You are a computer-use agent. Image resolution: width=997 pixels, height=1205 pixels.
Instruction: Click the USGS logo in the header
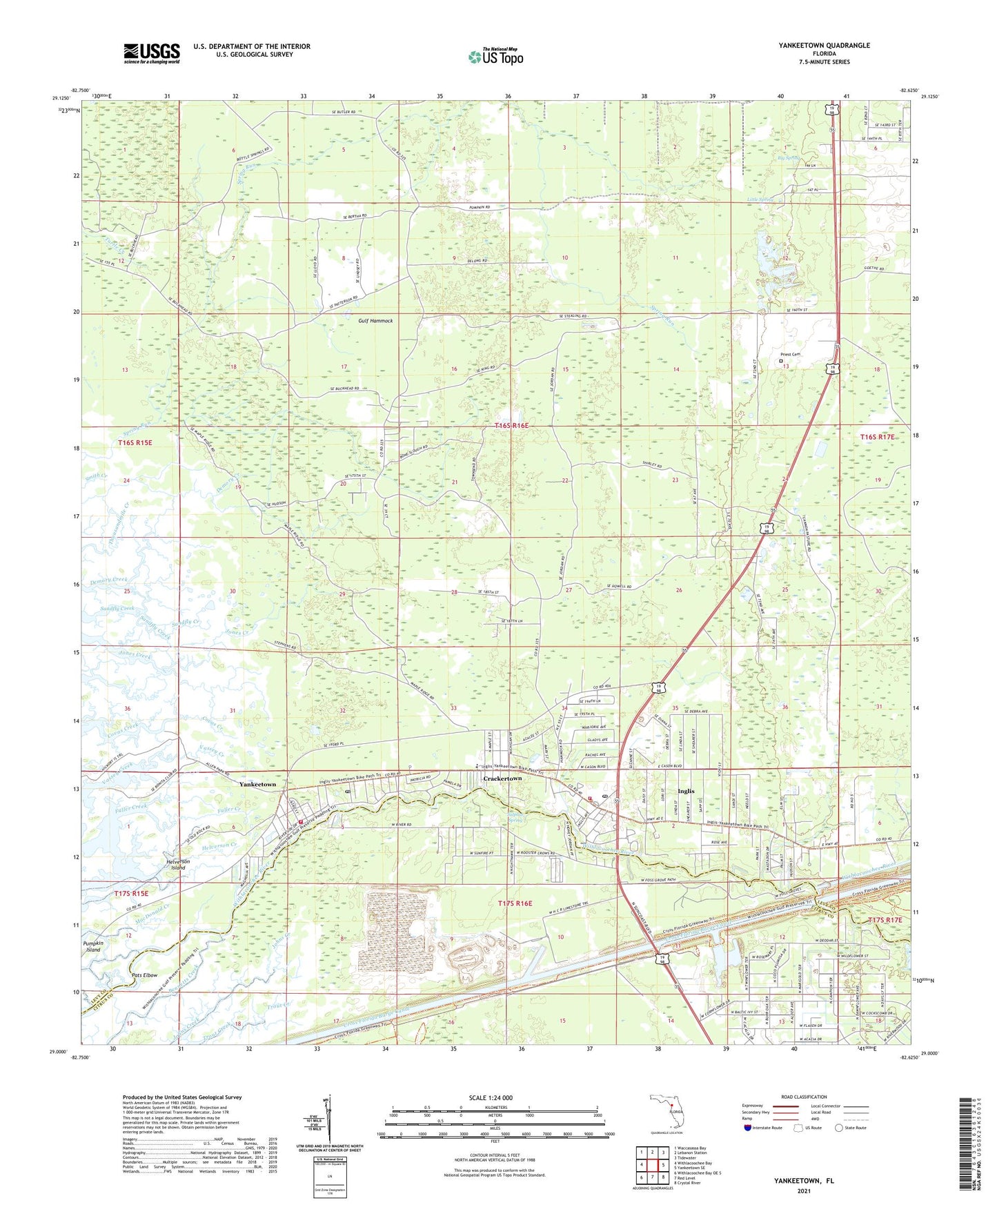[x=152, y=53]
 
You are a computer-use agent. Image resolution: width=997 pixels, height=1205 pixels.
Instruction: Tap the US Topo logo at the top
[x=495, y=56]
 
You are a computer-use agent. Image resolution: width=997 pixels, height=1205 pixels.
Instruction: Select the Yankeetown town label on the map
[x=257, y=785]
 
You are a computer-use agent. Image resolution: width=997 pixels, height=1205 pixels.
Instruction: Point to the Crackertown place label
[x=502, y=778]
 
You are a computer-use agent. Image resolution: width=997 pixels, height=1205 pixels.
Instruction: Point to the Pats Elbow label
[x=147, y=975]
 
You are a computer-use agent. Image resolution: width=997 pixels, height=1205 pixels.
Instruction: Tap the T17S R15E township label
[x=131, y=894]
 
